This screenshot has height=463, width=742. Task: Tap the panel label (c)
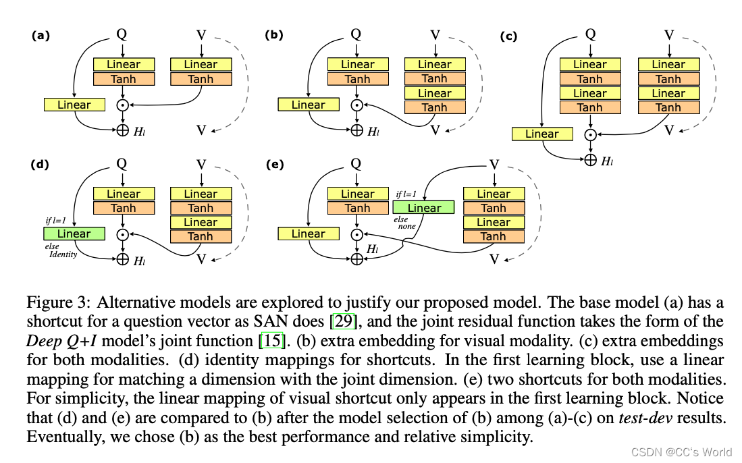(508, 36)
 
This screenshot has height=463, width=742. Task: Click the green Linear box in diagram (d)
(74, 234)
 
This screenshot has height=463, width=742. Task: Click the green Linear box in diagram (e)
(423, 208)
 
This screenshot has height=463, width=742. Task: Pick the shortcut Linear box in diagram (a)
(74, 105)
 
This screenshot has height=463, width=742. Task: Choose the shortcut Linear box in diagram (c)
(542, 134)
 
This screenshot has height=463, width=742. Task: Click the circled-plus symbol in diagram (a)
(123, 130)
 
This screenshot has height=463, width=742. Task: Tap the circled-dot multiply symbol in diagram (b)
(357, 105)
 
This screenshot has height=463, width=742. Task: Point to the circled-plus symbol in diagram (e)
(357, 258)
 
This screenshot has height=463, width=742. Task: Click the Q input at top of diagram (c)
(590, 34)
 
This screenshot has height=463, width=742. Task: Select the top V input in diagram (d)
(201, 163)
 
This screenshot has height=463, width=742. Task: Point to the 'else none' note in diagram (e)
(405, 223)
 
